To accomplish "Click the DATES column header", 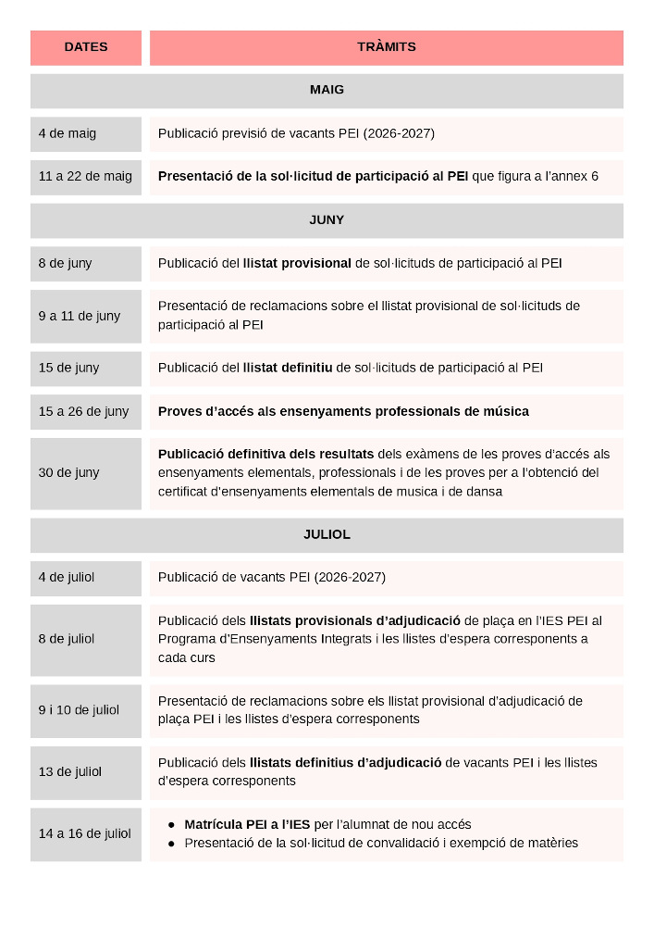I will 86,47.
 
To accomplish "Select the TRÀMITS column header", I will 386,47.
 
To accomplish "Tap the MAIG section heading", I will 327,91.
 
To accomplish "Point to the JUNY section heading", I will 327,220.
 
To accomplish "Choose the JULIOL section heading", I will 327,535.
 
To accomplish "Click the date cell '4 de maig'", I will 68,134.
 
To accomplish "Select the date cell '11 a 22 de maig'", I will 85,177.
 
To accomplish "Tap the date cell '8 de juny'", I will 66,264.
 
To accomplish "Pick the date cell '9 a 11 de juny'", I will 80,316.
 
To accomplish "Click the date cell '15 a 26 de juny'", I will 83,411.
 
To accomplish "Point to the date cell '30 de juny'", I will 68,473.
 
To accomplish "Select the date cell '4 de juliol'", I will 67,578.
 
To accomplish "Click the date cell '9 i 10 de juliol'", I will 79,710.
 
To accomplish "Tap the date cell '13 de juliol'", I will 70,772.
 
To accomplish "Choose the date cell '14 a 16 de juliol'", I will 84,833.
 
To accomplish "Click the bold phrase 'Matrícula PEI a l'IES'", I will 247,824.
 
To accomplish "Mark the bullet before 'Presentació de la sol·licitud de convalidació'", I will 172,844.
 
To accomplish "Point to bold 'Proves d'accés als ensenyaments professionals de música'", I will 343,411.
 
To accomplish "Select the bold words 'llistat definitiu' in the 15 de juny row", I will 287,369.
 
